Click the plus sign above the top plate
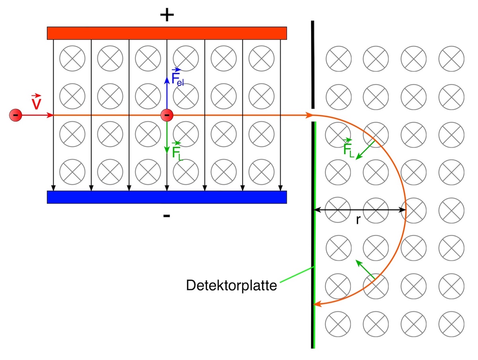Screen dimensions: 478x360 tap(167, 15)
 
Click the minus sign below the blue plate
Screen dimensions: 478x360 tap(167, 216)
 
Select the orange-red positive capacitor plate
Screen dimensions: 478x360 tap(167, 33)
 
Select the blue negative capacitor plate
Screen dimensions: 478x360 tap(167, 197)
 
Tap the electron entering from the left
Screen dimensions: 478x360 tap(16, 115)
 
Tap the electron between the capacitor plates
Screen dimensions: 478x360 tap(167, 115)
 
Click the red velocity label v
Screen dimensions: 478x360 tap(36, 102)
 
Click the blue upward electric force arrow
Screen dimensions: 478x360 tap(167, 93)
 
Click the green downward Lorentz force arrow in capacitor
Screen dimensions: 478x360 tap(167, 137)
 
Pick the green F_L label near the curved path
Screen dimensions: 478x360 tap(348, 148)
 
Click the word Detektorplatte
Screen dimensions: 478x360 tap(231, 286)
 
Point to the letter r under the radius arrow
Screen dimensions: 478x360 tap(358, 220)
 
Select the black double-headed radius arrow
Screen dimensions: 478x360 tap(360, 210)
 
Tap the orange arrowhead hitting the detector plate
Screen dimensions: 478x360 tap(317, 303)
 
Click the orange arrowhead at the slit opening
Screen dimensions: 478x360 tap(309, 115)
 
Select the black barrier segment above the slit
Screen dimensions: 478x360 tap(313, 65)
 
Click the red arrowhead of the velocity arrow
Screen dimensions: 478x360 tap(50, 115)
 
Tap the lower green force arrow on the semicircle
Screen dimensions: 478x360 tap(365, 269)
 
